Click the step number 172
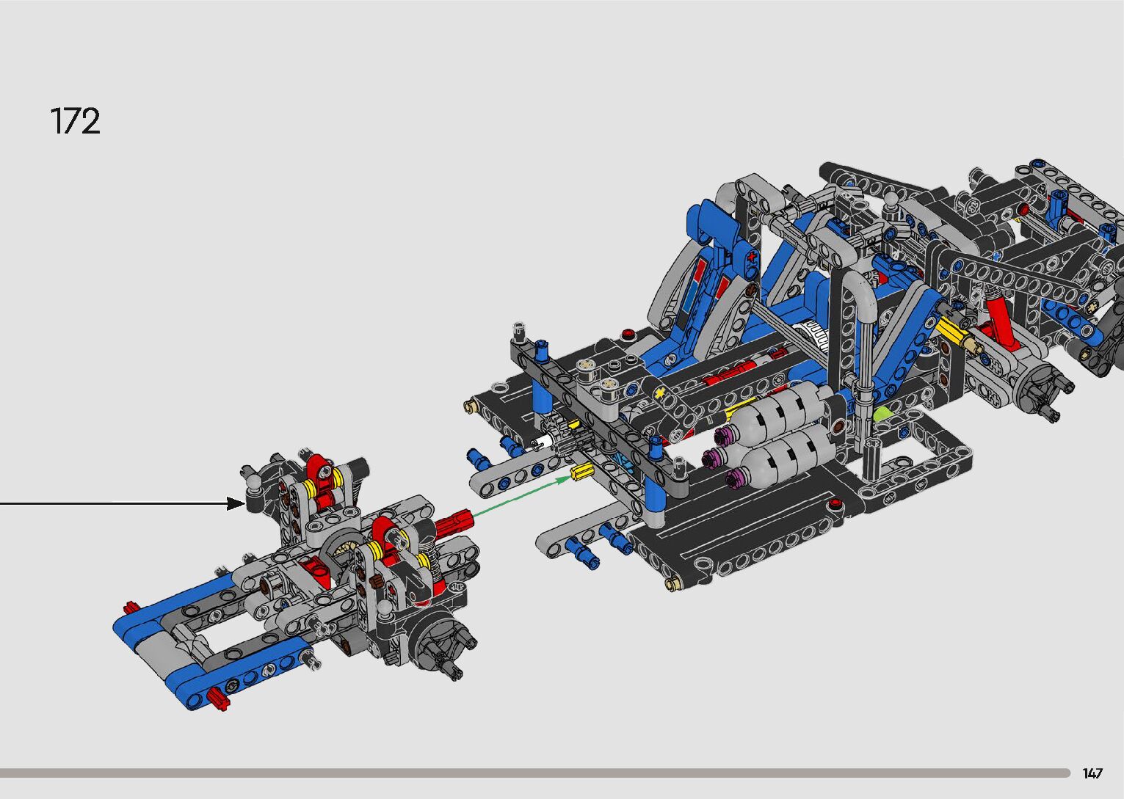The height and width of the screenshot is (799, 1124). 76,121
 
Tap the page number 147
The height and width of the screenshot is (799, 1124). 1092,773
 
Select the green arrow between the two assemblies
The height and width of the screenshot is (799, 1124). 522,496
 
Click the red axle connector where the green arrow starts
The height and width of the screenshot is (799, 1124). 454,522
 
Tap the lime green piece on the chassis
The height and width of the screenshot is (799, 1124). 884,415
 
